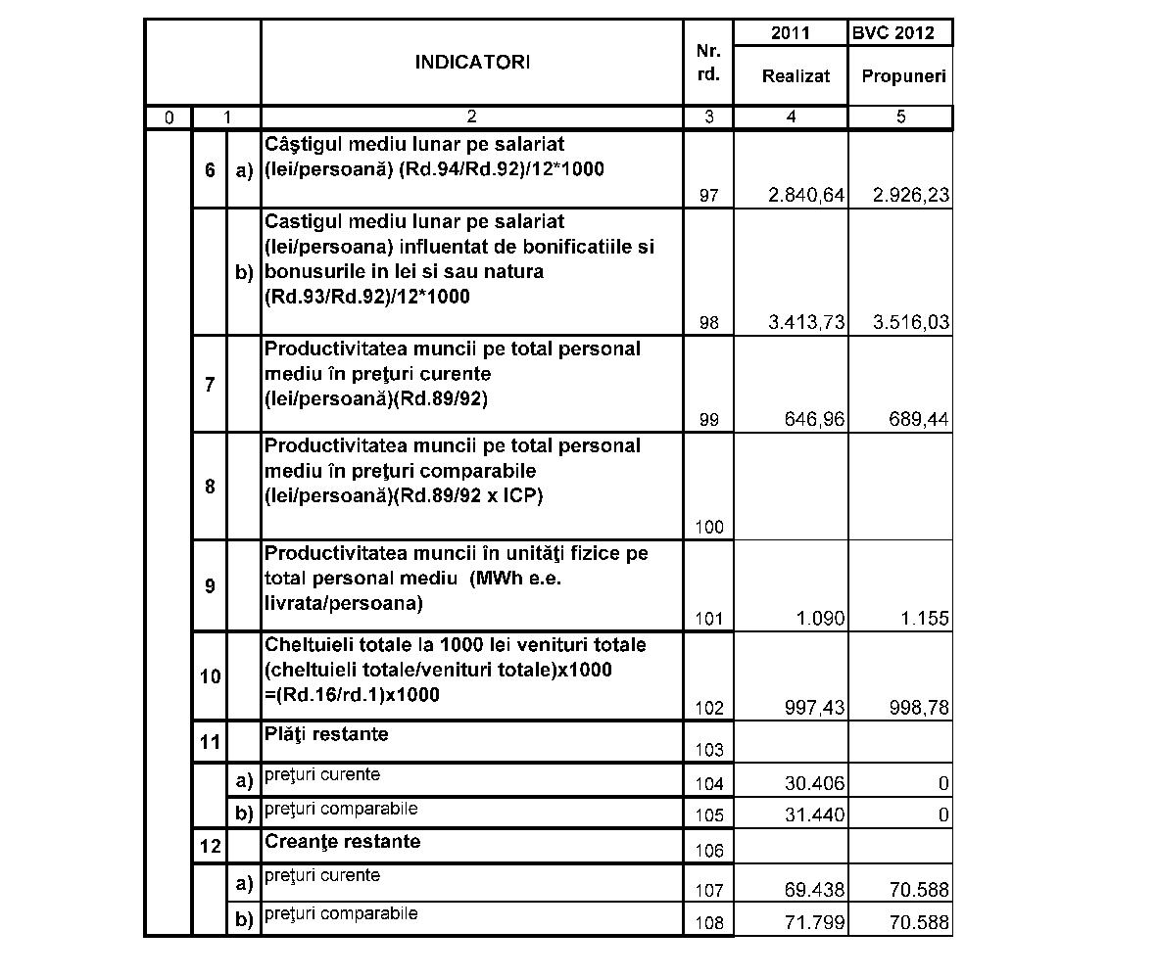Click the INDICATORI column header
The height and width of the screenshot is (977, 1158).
click(471, 63)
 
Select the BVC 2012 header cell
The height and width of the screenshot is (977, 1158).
click(899, 32)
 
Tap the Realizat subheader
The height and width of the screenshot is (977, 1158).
click(796, 75)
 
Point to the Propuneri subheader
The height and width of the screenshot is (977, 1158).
click(903, 76)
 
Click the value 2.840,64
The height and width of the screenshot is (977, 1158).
click(806, 196)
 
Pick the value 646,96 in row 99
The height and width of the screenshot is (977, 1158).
click(814, 420)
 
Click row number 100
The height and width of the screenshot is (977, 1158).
click(709, 528)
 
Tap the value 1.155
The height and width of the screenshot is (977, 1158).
click(925, 619)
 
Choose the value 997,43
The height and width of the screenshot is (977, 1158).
click(814, 708)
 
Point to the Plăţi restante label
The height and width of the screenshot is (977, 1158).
click(326, 734)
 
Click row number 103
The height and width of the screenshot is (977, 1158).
click(709, 751)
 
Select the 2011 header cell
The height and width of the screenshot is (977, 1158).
click(791, 32)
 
